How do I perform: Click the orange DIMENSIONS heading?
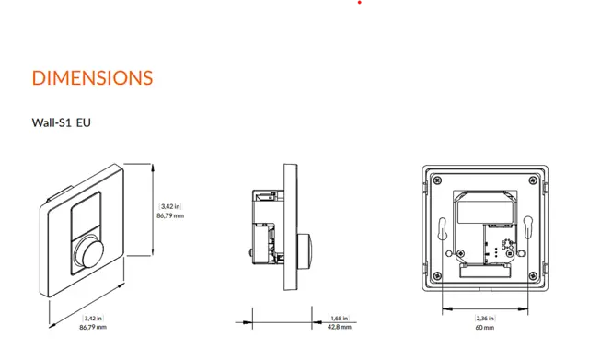(x=92, y=77)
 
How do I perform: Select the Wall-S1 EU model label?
(x=62, y=122)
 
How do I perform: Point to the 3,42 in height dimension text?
(x=171, y=206)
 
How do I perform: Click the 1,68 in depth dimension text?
(x=339, y=319)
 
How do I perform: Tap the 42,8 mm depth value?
(x=340, y=327)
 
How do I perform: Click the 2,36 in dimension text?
(x=485, y=319)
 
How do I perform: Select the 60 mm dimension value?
(x=485, y=327)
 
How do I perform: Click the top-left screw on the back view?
(x=436, y=180)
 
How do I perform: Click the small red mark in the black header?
(x=361, y=4)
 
